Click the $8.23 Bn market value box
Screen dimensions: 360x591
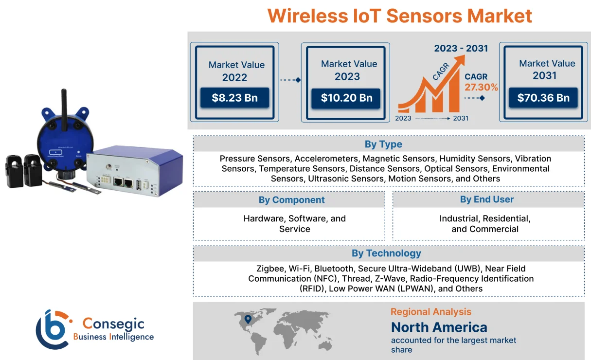[234, 98]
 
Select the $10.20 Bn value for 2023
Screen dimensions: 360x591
[347, 98]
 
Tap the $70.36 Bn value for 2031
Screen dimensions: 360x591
[543, 98]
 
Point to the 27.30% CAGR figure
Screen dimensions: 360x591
[481, 88]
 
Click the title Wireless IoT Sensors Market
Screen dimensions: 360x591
[399, 16]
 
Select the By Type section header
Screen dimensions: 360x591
[383, 144]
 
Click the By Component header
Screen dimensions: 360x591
[291, 200]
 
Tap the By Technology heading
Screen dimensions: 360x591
[386, 253]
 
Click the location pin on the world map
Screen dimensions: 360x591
[248, 319]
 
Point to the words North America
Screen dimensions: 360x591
[439, 327]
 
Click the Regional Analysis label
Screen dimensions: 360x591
[430, 312]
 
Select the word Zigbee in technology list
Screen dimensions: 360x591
[270, 269]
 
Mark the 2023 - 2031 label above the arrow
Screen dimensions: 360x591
[461, 48]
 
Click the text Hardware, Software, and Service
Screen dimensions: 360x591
[294, 224]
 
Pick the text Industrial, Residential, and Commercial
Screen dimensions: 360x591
[485, 224]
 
